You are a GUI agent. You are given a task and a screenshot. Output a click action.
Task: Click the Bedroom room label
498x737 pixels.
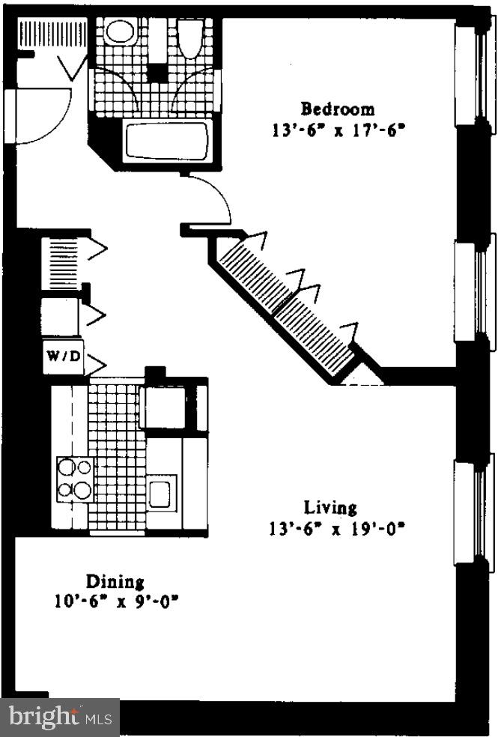(338, 109)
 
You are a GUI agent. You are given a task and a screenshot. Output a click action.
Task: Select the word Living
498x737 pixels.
(330, 509)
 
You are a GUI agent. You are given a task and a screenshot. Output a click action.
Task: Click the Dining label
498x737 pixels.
(115, 581)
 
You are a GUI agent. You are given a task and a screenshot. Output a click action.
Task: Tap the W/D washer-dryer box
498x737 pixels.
(63, 357)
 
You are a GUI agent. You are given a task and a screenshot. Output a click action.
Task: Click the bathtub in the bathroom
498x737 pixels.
(166, 141)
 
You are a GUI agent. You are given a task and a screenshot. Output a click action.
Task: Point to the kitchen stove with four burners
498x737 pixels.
(74, 479)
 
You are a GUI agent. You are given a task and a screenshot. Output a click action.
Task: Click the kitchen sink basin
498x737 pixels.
(160, 494)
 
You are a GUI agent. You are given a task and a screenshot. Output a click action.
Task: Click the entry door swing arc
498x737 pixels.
(45, 116)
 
